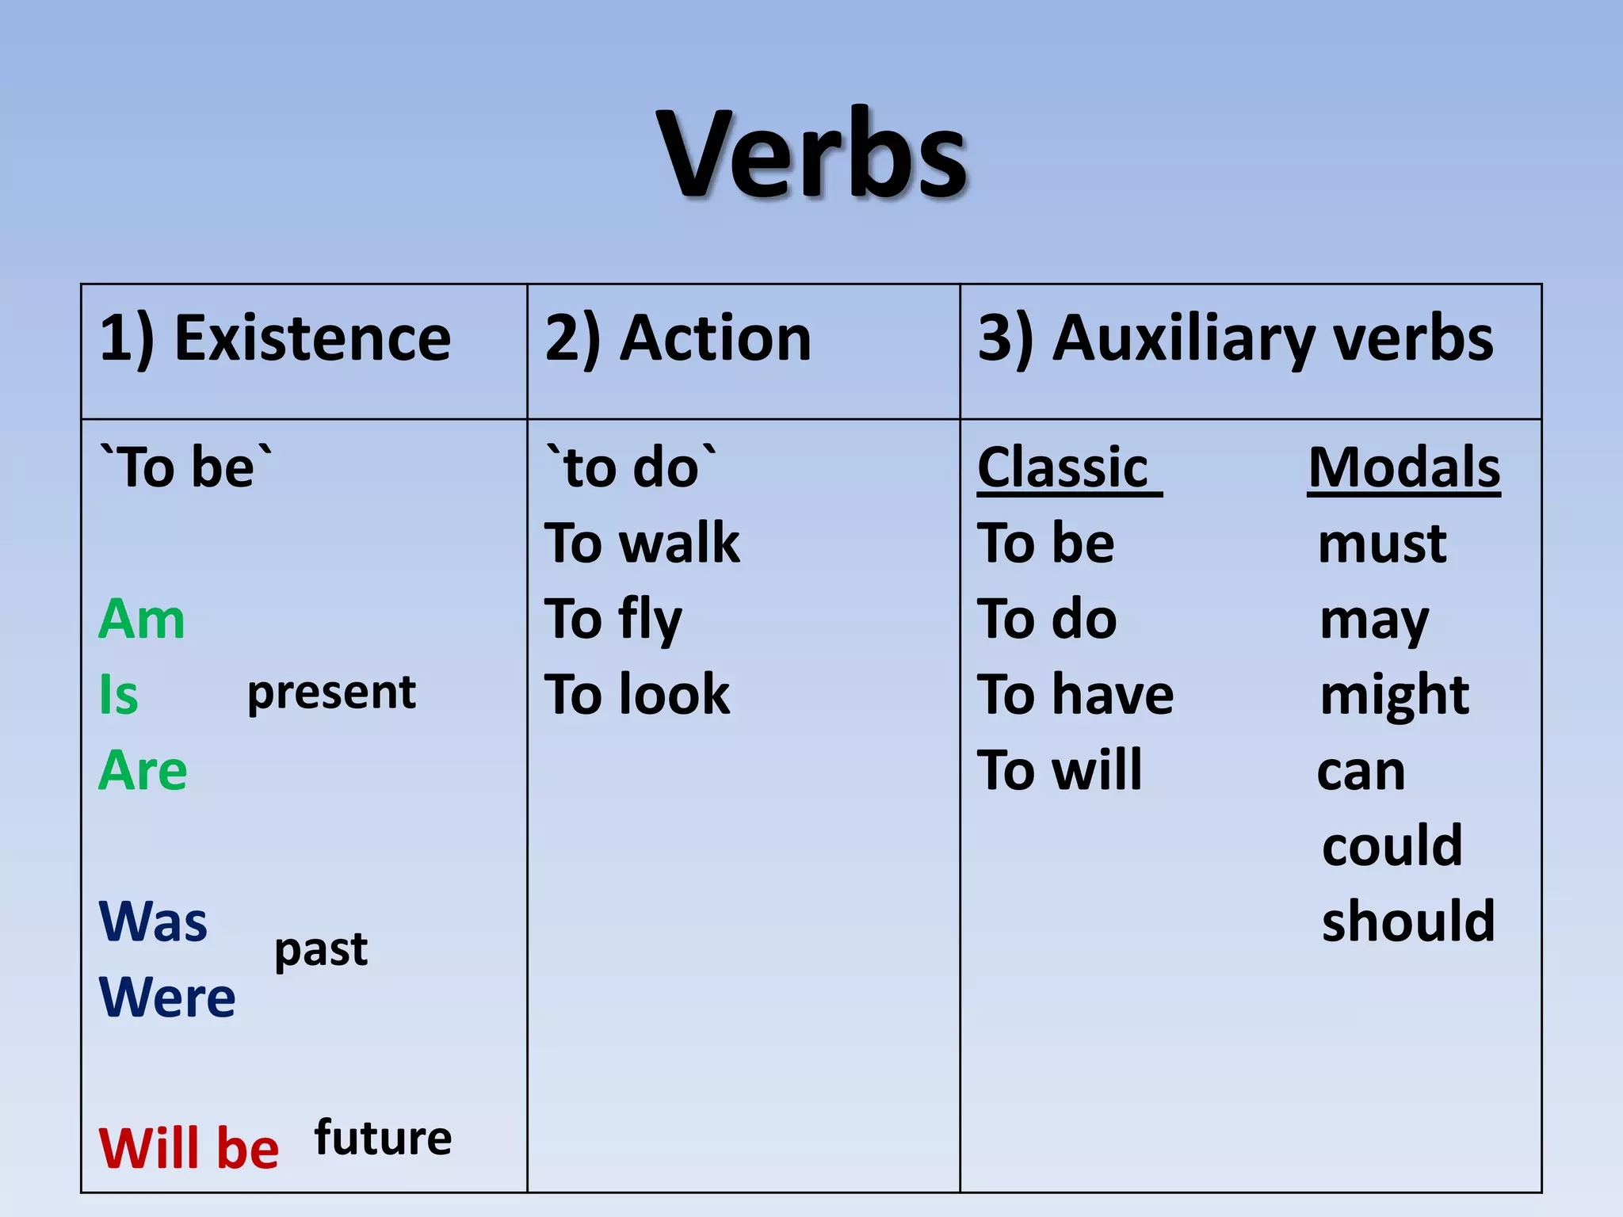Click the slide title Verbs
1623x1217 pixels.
click(811, 155)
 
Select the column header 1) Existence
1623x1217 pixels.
click(275, 339)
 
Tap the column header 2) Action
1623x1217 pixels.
click(678, 339)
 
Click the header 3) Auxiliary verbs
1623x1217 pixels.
click(1235, 339)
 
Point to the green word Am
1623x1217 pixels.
click(142, 620)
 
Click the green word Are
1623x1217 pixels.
click(143, 771)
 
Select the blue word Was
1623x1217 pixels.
click(153, 922)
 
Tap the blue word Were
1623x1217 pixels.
click(167, 998)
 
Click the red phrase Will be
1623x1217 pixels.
click(189, 1148)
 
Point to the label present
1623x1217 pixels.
click(331, 693)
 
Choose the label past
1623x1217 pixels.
click(321, 949)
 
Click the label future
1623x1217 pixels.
click(383, 1138)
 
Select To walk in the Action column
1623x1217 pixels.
click(642, 544)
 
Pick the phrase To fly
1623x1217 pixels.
click(613, 620)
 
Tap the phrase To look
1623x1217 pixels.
click(637, 695)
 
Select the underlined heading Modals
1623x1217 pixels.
click(1403, 468)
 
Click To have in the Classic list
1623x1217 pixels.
click(1075, 695)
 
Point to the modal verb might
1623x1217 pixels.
click(1394, 695)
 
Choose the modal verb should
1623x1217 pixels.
click(1408, 922)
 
